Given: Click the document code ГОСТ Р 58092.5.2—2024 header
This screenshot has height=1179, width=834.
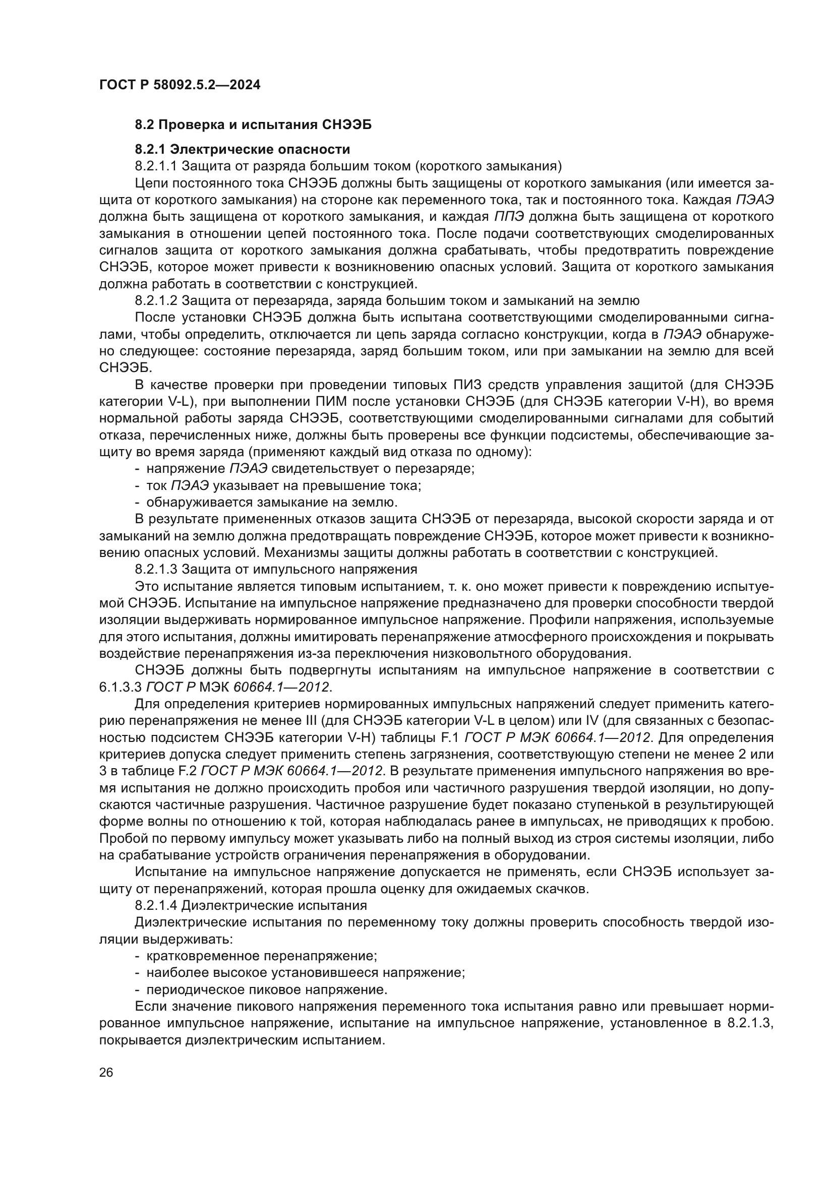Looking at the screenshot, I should pyautogui.click(x=180, y=85).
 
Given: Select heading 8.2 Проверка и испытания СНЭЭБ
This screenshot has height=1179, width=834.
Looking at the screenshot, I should pyautogui.click(x=253, y=125).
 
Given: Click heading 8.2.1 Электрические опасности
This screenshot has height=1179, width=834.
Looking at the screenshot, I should pyautogui.click(x=243, y=149).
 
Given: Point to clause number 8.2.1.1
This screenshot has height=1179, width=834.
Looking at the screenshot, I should pyautogui.click(x=156, y=166).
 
